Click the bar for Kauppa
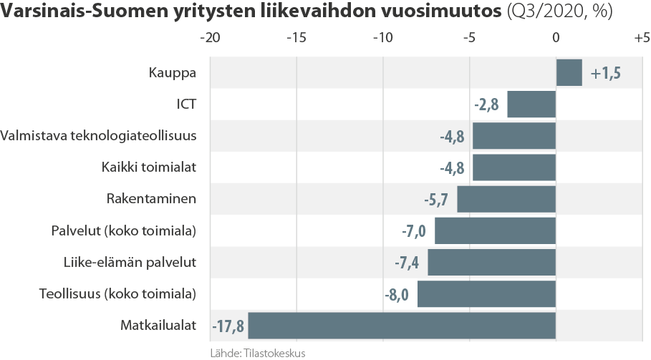click(x=569, y=72)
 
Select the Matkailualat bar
click(x=402, y=326)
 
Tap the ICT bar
click(x=531, y=104)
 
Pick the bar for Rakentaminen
click(x=506, y=199)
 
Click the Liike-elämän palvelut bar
click(x=492, y=263)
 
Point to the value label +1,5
click(x=605, y=73)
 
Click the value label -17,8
click(x=228, y=326)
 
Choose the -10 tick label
click(x=383, y=37)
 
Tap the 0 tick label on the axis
click(x=556, y=37)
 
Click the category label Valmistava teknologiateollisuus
click(x=99, y=135)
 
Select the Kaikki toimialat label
click(x=149, y=167)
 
